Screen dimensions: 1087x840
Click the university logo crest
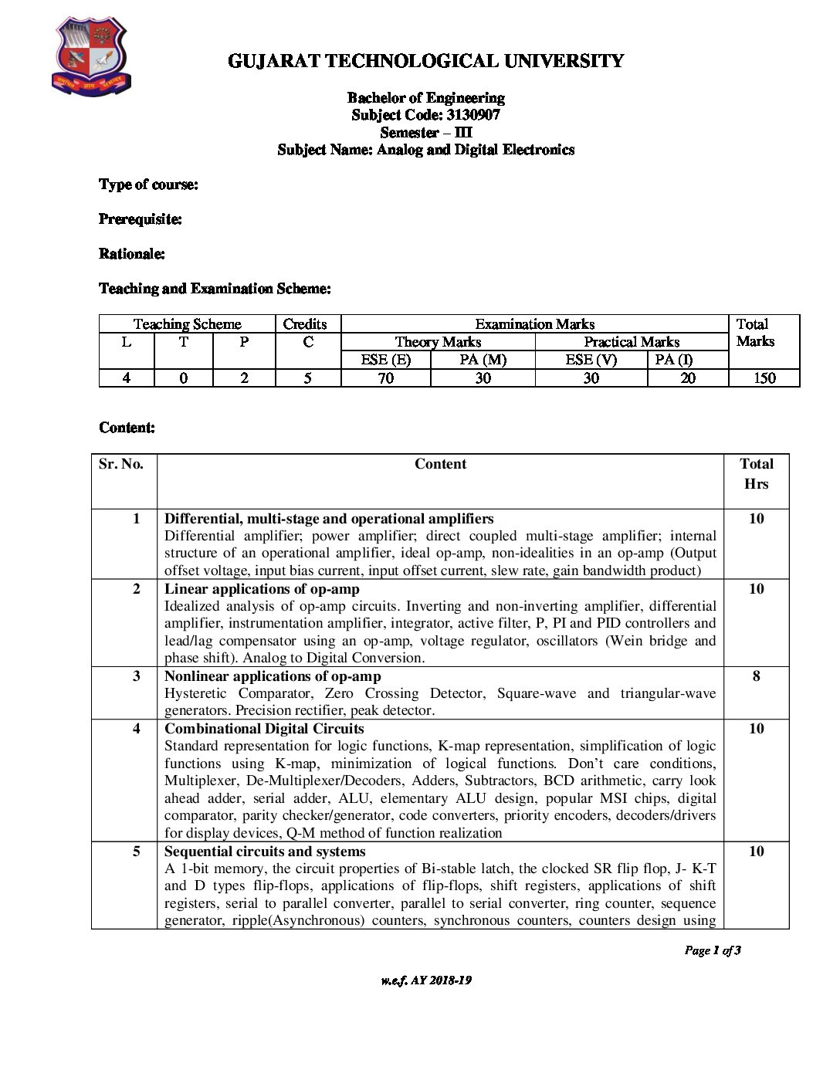(91, 58)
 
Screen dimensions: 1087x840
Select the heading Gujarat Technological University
(425, 61)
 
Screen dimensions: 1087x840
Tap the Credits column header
(305, 324)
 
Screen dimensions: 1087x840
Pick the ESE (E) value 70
(385, 378)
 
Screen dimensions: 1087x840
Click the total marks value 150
(764, 378)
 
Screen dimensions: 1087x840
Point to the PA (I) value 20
(687, 378)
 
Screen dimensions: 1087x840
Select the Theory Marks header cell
(438, 342)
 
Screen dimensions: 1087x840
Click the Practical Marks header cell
(631, 342)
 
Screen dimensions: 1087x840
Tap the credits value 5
(307, 378)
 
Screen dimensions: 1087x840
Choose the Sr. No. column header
(121, 464)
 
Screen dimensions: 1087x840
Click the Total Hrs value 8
(756, 676)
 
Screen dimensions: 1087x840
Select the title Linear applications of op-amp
(262, 589)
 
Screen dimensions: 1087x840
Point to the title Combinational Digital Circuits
(264, 729)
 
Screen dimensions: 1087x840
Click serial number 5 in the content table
(137, 852)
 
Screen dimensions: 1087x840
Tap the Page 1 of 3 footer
(712, 950)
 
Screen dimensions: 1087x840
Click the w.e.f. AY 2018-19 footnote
(425, 980)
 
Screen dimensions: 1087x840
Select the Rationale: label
(132, 254)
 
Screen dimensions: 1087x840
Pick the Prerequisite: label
(141, 219)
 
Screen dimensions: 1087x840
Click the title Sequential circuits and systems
(265, 852)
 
